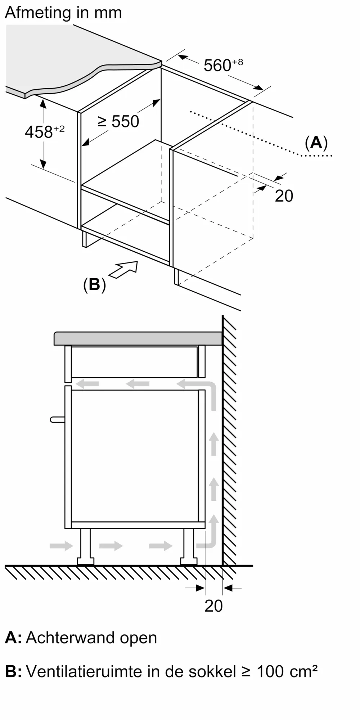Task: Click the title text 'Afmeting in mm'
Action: (63, 13)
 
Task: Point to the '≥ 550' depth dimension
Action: (118, 121)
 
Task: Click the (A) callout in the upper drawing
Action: (316, 143)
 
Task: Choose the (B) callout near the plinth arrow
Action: (94, 285)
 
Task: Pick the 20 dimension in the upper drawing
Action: (284, 196)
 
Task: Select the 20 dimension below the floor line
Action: (213, 606)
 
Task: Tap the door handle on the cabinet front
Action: (57, 419)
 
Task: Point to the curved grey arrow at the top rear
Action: (202, 389)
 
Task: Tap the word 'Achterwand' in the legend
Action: (70, 638)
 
